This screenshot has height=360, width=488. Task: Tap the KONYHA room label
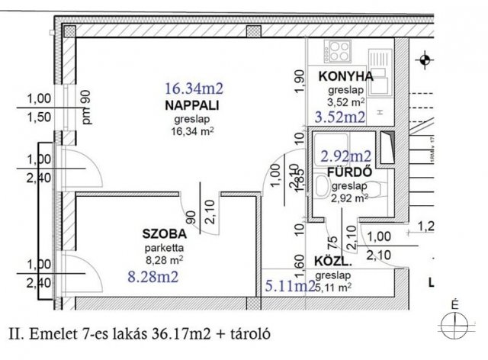coord(346,76)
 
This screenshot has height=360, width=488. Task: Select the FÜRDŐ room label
coord(348,172)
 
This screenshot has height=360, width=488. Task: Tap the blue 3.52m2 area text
coord(340,117)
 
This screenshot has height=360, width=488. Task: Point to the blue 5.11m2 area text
coord(290,286)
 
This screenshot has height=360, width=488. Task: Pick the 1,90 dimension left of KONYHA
coord(299,80)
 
